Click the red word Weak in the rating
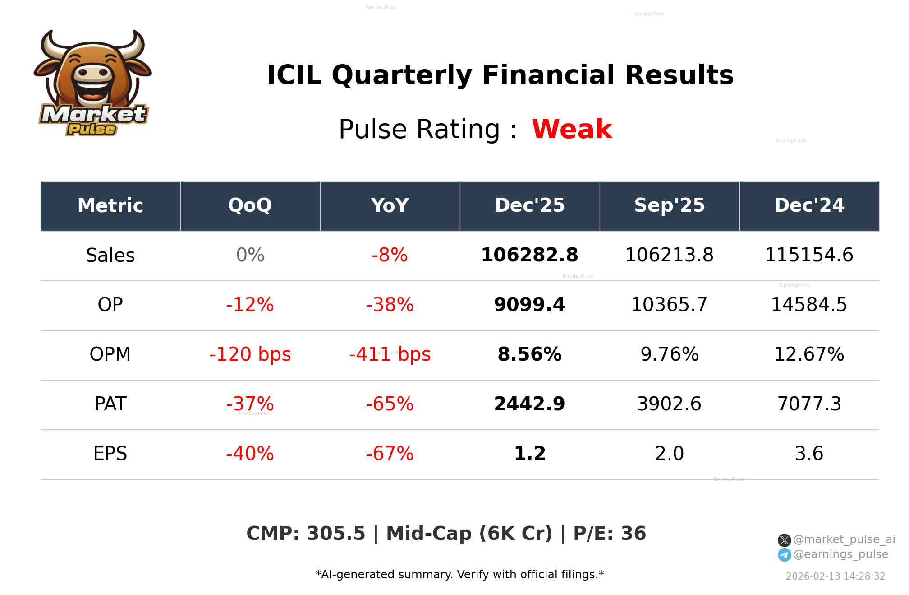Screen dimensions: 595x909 click(572, 129)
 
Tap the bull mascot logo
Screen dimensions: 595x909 click(93, 83)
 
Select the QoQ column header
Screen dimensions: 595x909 click(250, 206)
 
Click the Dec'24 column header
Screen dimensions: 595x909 click(809, 206)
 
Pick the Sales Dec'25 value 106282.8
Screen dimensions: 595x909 click(529, 255)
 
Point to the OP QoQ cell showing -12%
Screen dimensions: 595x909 click(250, 305)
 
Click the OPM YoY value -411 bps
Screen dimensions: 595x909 click(390, 354)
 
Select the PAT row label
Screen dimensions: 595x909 click(110, 404)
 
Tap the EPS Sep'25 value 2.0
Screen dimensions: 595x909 click(669, 454)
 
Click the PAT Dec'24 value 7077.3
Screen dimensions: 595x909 click(809, 404)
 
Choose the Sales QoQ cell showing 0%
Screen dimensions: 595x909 click(250, 255)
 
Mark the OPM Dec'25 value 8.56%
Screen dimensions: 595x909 click(529, 354)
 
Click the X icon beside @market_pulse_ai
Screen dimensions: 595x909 click(784, 540)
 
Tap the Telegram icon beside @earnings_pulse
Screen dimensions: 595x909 click(784, 555)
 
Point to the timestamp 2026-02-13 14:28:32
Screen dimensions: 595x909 click(835, 576)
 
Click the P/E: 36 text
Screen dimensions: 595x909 click(609, 534)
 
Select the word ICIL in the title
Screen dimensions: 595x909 click(294, 75)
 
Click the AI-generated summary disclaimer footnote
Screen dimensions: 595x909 click(459, 575)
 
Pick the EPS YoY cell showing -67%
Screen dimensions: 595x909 click(390, 454)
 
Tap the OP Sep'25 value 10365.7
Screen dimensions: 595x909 click(669, 305)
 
